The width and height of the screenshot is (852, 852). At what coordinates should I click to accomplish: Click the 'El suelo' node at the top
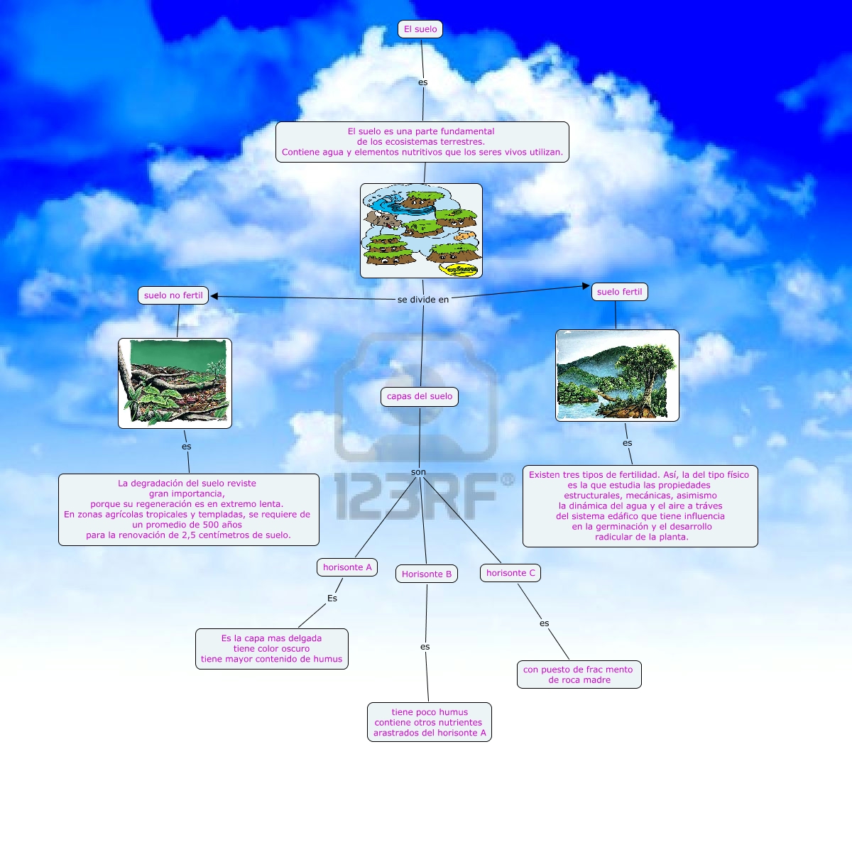(420, 29)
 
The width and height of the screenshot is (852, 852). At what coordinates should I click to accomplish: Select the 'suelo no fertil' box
(173, 295)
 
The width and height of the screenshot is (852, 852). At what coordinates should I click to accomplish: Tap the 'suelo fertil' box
(619, 292)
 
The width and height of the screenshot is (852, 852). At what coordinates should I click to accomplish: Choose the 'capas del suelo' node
(420, 396)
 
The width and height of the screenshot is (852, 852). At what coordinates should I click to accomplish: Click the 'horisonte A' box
(347, 567)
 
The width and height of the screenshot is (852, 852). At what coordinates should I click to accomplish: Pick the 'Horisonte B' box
(427, 574)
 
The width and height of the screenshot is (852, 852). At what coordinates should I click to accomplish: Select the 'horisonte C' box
(510, 573)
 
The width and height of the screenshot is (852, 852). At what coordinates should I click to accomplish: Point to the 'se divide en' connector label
(423, 300)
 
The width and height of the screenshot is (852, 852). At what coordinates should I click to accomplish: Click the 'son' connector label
(419, 472)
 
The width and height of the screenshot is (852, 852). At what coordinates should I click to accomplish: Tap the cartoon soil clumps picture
(421, 231)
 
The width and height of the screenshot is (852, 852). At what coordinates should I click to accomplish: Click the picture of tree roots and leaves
(175, 383)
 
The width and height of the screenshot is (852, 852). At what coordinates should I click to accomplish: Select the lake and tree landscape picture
(617, 376)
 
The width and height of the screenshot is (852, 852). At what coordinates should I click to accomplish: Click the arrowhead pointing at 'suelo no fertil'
(214, 296)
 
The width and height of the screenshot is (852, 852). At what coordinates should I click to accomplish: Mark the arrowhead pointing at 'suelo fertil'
(586, 286)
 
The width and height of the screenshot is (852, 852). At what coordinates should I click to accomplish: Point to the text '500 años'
(222, 525)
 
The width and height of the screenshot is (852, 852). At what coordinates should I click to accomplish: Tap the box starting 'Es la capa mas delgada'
(272, 649)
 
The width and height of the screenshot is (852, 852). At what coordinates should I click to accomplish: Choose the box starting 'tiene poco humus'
(430, 722)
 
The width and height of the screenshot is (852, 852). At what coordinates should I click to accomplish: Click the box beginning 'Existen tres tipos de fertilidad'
(640, 506)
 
